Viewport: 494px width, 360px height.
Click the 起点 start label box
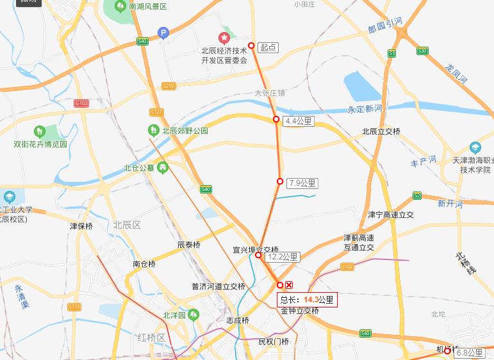pos(269,47)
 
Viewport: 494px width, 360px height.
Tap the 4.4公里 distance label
pos(298,121)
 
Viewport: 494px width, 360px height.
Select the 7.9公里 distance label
pos(302,183)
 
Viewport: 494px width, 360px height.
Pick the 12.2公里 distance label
pos(283,258)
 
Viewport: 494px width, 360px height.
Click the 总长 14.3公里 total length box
pos(307,299)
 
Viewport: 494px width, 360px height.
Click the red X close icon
pos(289,285)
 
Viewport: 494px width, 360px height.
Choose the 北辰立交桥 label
pos(381,131)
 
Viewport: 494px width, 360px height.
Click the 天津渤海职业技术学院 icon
pos(475,148)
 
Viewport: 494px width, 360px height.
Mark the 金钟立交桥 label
pos(300,311)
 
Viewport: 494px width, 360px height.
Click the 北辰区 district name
pos(126,225)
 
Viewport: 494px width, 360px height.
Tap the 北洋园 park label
pos(174,315)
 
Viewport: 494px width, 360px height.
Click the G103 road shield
pos(81,103)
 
